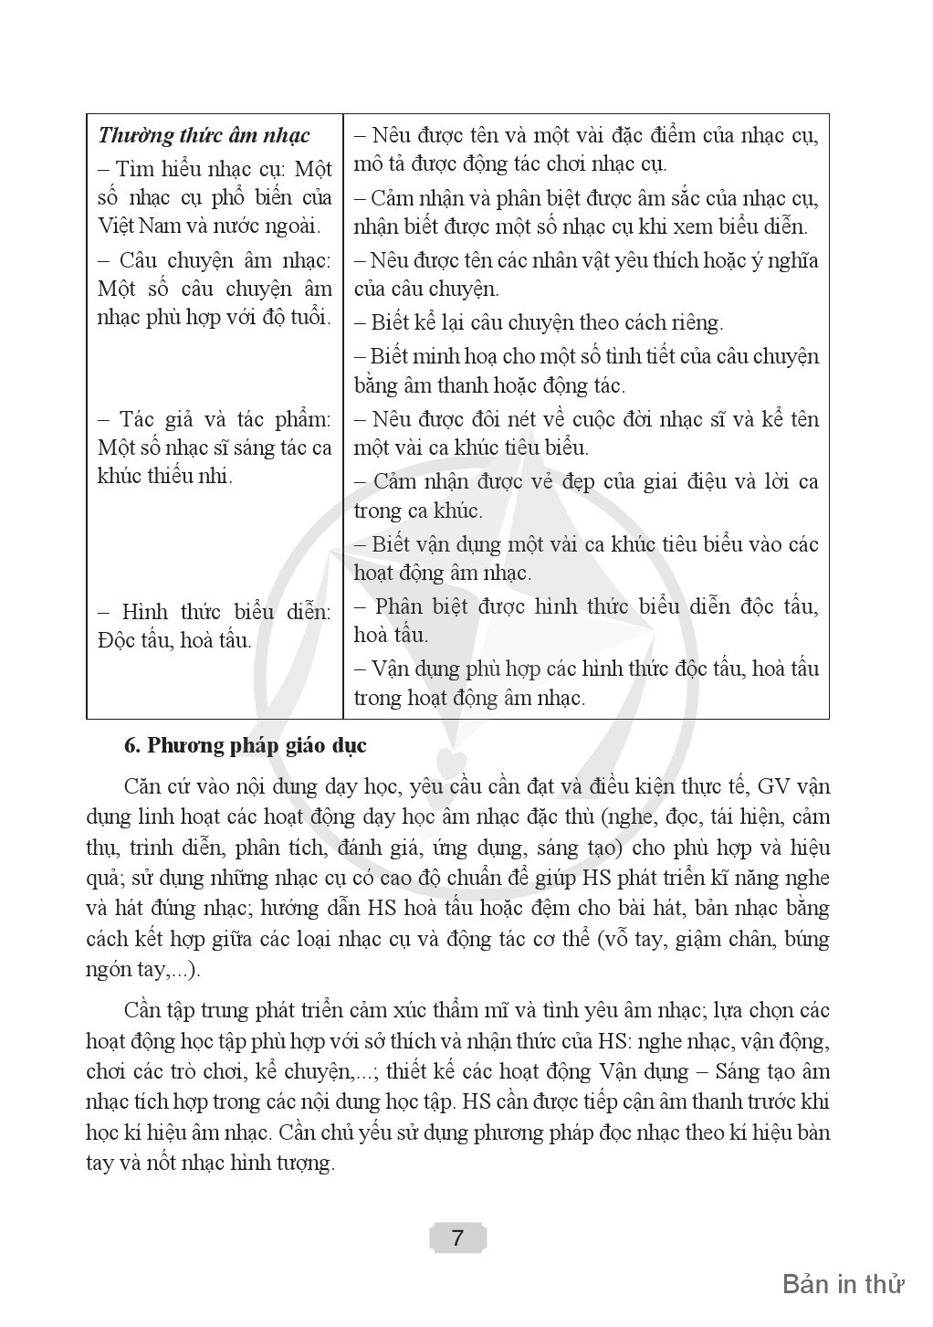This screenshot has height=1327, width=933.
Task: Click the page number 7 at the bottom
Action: tap(457, 1237)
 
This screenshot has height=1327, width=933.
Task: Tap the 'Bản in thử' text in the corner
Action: tap(843, 1283)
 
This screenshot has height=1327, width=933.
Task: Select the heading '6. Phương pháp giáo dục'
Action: tap(245, 745)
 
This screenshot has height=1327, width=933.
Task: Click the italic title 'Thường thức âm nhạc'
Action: tap(204, 136)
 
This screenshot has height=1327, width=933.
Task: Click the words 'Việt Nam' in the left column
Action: tap(132, 225)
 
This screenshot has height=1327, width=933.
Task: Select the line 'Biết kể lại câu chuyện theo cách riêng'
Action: tap(547, 322)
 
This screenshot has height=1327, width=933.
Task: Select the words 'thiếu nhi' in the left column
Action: tap(189, 476)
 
